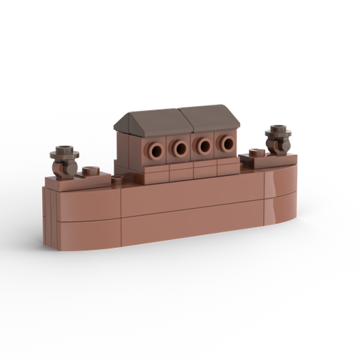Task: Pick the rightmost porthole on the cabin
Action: (x=226, y=144)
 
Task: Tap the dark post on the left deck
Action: (x=66, y=165)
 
